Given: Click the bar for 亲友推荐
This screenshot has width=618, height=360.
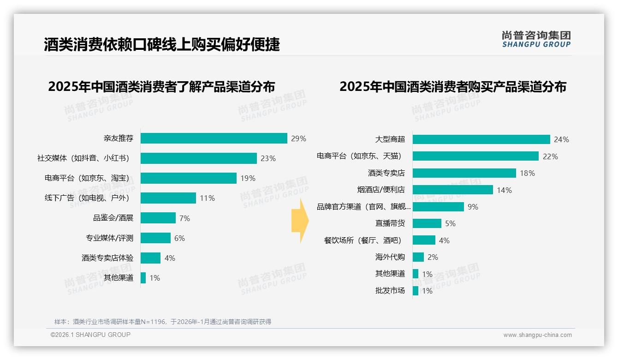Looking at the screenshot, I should [x=214, y=138].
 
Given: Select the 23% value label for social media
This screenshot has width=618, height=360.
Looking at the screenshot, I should [x=268, y=158].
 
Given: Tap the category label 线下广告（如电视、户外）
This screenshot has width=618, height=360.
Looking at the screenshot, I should [x=87, y=198].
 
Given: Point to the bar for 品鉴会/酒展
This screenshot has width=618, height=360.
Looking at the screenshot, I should [x=158, y=218].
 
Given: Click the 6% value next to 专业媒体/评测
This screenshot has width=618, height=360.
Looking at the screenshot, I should [x=179, y=238].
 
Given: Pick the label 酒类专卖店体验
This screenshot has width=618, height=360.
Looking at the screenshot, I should [x=107, y=258].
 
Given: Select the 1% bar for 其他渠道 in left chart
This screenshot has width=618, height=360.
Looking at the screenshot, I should [x=143, y=278].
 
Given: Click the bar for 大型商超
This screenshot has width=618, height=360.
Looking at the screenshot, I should [x=481, y=139].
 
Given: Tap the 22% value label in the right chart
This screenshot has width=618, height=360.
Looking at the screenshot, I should [x=550, y=156].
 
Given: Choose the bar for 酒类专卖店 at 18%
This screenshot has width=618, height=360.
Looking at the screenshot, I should [x=464, y=173].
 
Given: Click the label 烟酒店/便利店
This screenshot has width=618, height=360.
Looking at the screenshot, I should [x=381, y=190].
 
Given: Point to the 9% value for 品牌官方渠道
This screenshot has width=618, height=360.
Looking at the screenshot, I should [x=473, y=207].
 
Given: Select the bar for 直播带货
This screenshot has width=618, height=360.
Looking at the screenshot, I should [x=427, y=223].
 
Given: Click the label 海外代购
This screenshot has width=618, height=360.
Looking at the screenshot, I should [x=390, y=257].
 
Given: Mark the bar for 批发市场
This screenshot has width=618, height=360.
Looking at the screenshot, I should [x=415, y=291].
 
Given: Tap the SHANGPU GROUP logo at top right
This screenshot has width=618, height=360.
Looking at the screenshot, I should [x=536, y=39].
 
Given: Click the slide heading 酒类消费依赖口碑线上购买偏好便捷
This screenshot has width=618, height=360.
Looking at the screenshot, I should [x=161, y=44].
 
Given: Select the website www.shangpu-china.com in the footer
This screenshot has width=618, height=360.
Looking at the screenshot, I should [x=537, y=335].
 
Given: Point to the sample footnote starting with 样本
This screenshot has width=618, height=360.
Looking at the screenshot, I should [x=162, y=322].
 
